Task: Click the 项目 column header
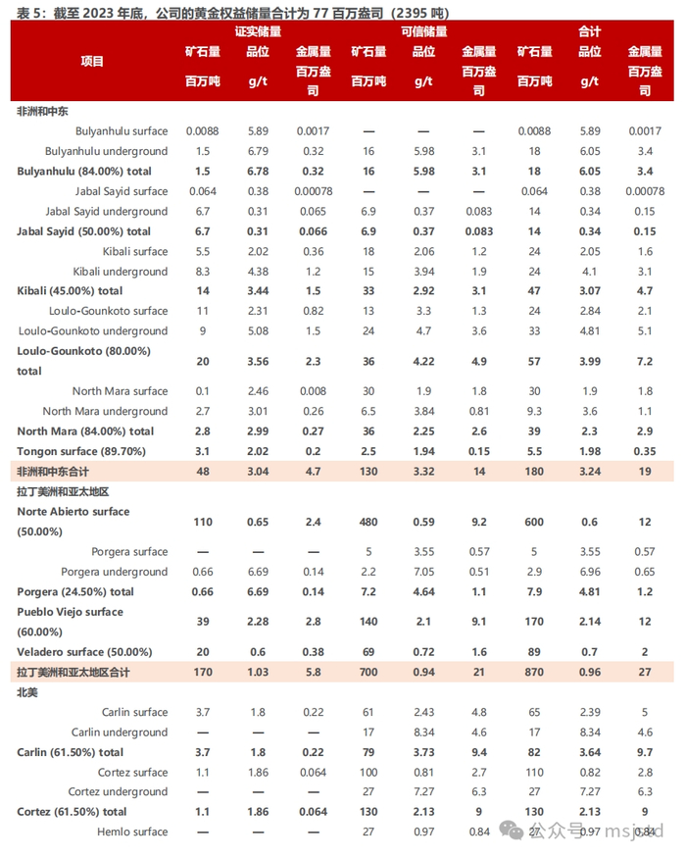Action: pyautogui.click(x=92, y=61)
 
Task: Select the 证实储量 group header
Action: pyautogui.click(x=258, y=31)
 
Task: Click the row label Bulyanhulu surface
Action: pyautogui.click(x=121, y=130)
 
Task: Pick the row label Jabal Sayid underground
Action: pyautogui.click(x=106, y=211)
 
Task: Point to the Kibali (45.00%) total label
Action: pyautogui.click(x=70, y=291)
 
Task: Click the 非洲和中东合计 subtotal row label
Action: pyautogui.click(x=57, y=472)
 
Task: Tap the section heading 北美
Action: pyautogui.click(x=27, y=692)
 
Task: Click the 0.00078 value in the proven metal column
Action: pyautogui.click(x=313, y=191)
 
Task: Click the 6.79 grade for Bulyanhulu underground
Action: pyautogui.click(x=258, y=151)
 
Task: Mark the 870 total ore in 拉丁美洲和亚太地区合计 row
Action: pyautogui.click(x=534, y=672)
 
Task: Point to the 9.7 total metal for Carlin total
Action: pyautogui.click(x=644, y=752)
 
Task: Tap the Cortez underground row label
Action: pyautogui.click(x=118, y=791)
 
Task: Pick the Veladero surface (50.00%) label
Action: pyautogui.click(x=83, y=652)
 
